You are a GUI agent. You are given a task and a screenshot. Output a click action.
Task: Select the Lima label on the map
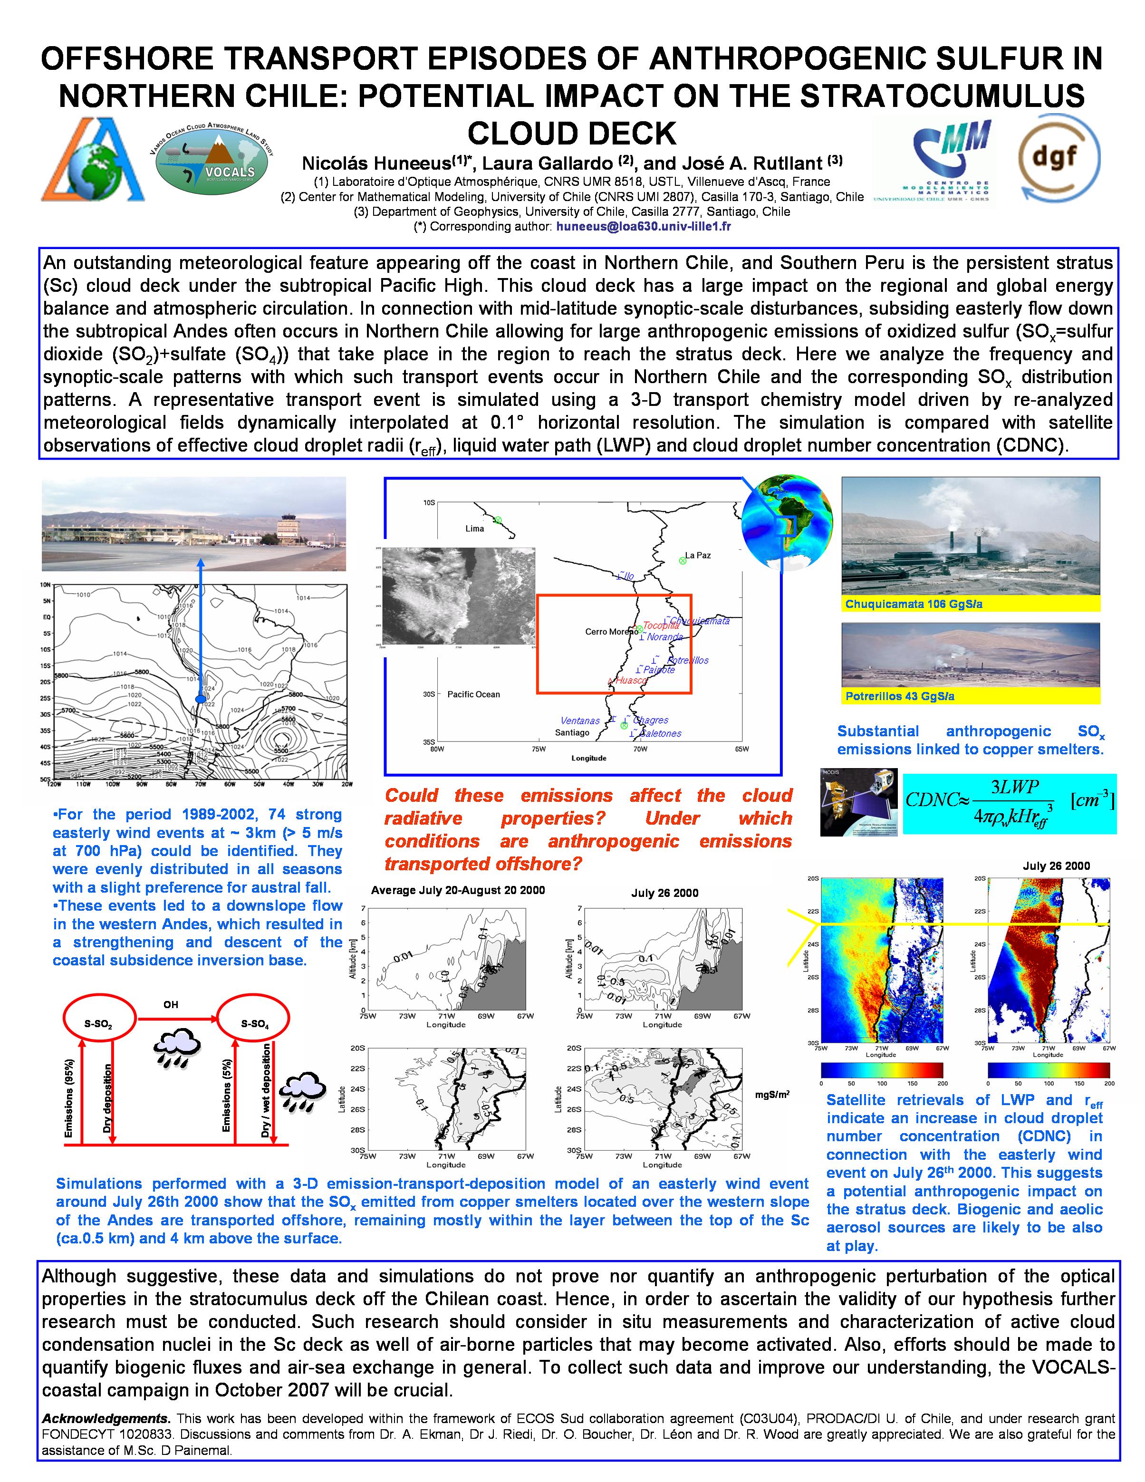[474, 529]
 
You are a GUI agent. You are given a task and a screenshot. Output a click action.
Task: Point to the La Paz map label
[698, 555]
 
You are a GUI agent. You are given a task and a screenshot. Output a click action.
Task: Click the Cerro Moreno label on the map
[609, 632]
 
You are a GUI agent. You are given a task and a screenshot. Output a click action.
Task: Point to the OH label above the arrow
[170, 1004]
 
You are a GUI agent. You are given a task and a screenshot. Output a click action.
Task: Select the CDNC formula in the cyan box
[1009, 803]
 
